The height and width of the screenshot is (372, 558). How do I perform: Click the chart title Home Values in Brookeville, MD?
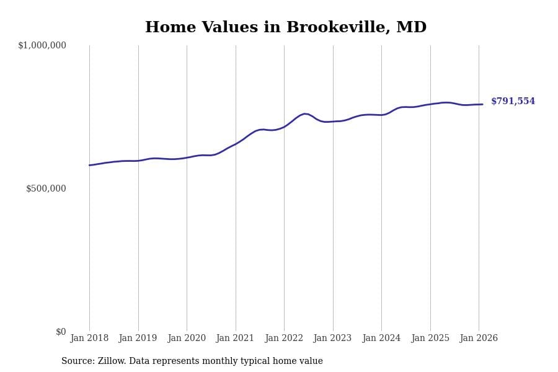pyautogui.click(x=286, y=28)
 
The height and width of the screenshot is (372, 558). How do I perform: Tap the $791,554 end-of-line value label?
pyautogui.click(x=513, y=102)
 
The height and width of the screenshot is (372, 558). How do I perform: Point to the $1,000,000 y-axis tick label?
pyautogui.click(x=42, y=45)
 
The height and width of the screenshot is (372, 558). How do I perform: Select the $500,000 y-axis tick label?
pyautogui.click(x=46, y=188)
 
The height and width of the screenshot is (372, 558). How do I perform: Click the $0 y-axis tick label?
pyautogui.click(x=61, y=332)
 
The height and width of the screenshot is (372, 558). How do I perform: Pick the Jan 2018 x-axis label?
pyautogui.click(x=89, y=339)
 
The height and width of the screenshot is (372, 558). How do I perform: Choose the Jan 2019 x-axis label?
pyautogui.click(x=138, y=339)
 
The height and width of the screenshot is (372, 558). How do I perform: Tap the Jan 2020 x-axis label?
pyautogui.click(x=187, y=339)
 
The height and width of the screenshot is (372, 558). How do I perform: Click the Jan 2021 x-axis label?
pyautogui.click(x=236, y=339)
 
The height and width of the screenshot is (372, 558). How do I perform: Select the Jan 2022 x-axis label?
pyautogui.click(x=284, y=339)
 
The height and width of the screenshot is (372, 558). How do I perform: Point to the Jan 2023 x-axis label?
pyautogui.click(x=333, y=339)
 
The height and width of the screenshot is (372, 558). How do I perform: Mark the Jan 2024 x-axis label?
pyautogui.click(x=381, y=339)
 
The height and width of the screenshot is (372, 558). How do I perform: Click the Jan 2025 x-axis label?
pyautogui.click(x=430, y=339)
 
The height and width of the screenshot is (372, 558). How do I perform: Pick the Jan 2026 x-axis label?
pyautogui.click(x=479, y=339)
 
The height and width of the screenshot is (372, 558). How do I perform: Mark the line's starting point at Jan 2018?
pyautogui.click(x=90, y=165)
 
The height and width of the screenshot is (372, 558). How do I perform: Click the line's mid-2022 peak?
pyautogui.click(x=305, y=113)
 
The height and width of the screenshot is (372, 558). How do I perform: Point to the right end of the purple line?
pyautogui.click(x=482, y=104)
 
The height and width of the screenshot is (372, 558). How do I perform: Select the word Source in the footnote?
pyautogui.click(x=76, y=361)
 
